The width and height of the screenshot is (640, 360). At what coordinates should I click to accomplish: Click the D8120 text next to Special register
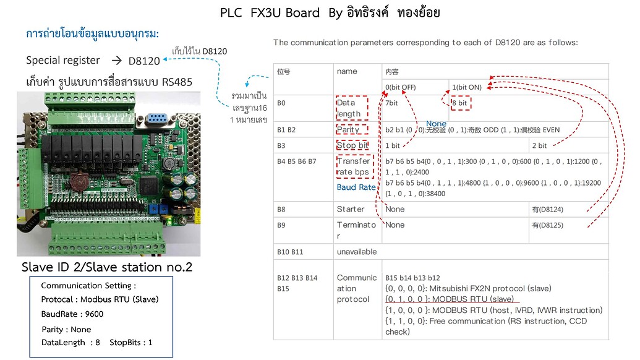(x=144, y=61)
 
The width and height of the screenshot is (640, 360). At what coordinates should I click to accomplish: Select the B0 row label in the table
(x=281, y=103)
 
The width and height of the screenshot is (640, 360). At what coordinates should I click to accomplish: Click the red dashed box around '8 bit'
(x=461, y=103)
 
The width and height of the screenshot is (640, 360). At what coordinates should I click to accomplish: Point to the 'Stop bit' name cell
(x=352, y=145)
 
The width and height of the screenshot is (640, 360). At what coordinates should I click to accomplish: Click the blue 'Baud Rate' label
(x=356, y=187)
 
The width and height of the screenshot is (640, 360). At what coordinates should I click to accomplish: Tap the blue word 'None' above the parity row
(x=436, y=124)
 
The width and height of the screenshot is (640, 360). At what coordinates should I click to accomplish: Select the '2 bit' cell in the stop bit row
(x=539, y=146)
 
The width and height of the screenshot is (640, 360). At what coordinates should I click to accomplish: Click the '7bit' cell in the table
(x=391, y=103)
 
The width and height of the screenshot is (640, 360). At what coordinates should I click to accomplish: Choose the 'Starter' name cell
(x=351, y=209)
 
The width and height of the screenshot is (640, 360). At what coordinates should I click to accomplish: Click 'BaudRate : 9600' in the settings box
(x=72, y=314)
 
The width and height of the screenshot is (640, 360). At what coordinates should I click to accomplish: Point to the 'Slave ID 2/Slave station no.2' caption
(x=107, y=267)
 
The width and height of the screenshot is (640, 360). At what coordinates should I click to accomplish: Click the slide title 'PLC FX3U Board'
(x=270, y=13)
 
